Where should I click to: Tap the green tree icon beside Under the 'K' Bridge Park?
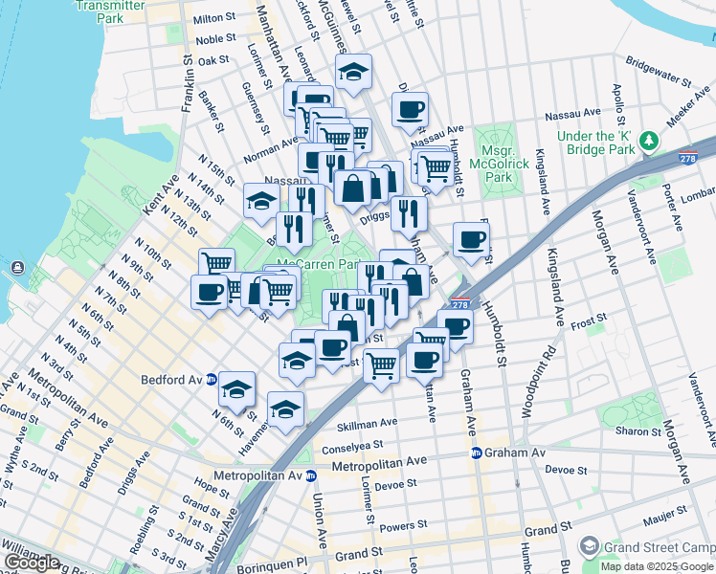coord(650,142)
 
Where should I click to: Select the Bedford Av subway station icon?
coord(223,380)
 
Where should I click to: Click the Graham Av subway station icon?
coord(475,453)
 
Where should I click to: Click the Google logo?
coord(32,562)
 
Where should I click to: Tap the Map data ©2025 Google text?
coord(657,565)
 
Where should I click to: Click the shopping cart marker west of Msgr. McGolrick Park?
coord(436,167)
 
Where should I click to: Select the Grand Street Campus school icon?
coord(589,546)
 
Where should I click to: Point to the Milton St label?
coord(214,18)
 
